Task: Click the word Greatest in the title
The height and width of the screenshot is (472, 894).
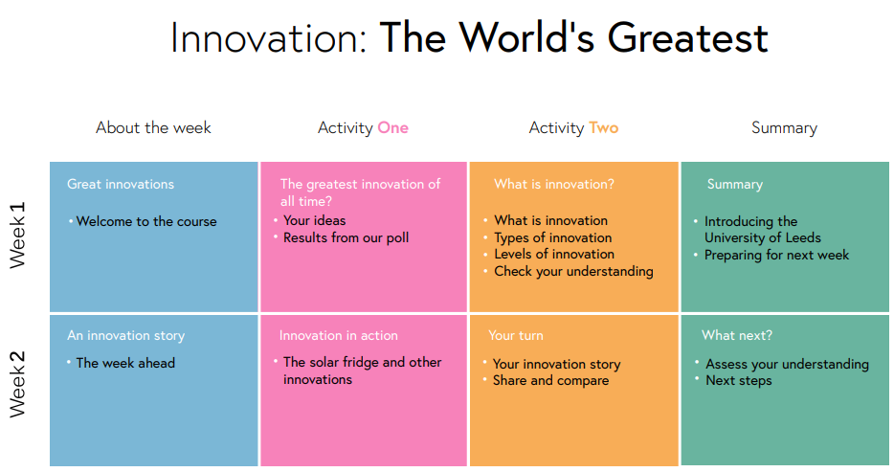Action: pyautogui.click(x=688, y=37)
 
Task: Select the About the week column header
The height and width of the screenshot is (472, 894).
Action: pyautogui.click(x=153, y=127)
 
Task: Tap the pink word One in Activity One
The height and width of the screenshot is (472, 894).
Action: pyautogui.click(x=392, y=127)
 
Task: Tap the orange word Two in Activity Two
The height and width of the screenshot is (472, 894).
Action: pyautogui.click(x=604, y=127)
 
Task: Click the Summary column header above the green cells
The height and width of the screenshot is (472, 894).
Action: pyautogui.click(x=784, y=128)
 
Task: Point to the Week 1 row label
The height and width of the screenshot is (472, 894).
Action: pyautogui.click(x=17, y=235)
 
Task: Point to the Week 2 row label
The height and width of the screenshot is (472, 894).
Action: pyautogui.click(x=17, y=384)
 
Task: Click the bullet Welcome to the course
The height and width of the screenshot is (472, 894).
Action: pyautogui.click(x=146, y=221)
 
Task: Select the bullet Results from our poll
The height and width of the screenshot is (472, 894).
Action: pyautogui.click(x=346, y=237)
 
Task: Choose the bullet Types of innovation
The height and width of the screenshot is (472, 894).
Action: pyautogui.click(x=553, y=237)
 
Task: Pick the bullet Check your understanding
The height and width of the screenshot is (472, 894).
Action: pyautogui.click(x=573, y=271)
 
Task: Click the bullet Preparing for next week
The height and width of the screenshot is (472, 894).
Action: pyautogui.click(x=776, y=255)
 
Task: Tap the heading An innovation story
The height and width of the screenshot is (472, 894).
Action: pyautogui.click(x=126, y=335)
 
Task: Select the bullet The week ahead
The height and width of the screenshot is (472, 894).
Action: pyautogui.click(x=125, y=363)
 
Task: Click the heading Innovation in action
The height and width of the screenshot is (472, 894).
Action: pyautogui.click(x=339, y=335)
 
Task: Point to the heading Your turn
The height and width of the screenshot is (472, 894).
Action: pyautogui.click(x=516, y=335)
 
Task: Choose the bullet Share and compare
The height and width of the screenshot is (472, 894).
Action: pyautogui.click(x=550, y=380)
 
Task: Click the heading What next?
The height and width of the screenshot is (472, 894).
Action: pyautogui.click(x=737, y=335)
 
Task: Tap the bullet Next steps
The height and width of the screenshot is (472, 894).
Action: pyautogui.click(x=739, y=380)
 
